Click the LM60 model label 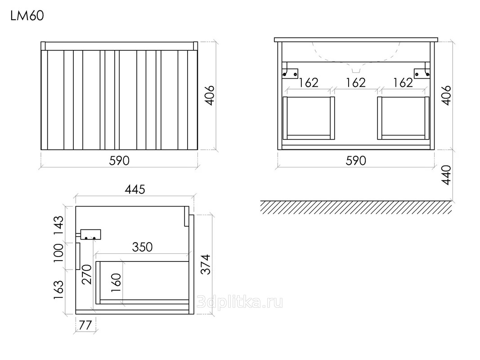[27, 16]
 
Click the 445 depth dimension [135, 189]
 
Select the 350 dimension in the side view [142, 247]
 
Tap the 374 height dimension [206, 264]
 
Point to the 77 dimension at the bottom [85, 325]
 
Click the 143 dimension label [58, 225]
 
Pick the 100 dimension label [58, 253]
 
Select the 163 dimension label [58, 290]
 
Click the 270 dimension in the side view [86, 274]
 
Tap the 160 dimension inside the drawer [116, 283]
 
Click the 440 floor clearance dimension [447, 175]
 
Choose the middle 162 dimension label [355, 83]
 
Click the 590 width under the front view [119, 161]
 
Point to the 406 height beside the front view [210, 95]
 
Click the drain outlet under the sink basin [356, 70]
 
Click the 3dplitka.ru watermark [239, 302]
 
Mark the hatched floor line [356, 207]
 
